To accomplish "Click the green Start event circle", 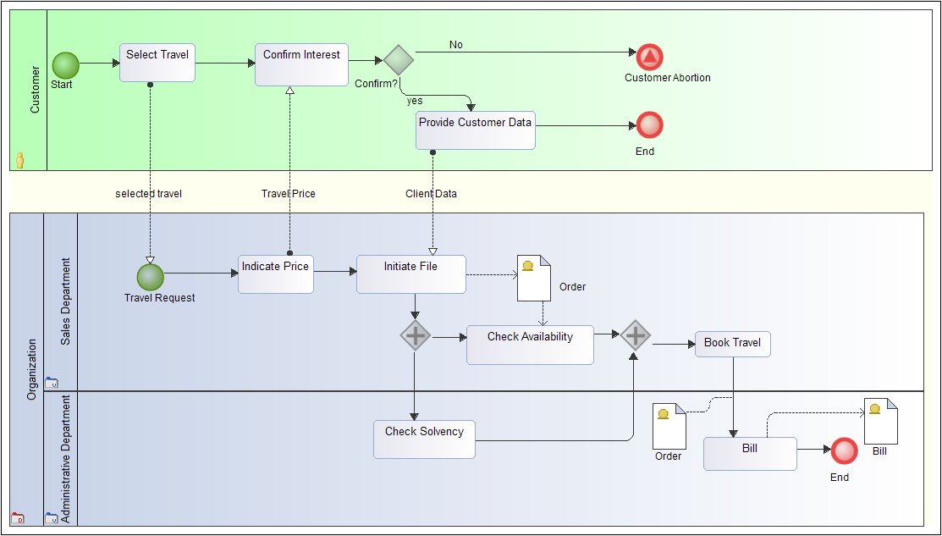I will click(65, 64).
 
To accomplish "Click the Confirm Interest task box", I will click(301, 64).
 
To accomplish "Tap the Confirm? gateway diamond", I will click(398, 60).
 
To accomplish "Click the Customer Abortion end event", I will click(650, 57).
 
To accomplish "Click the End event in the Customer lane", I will click(650, 125).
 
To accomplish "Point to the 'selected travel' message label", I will click(148, 194).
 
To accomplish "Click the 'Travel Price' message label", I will click(288, 194).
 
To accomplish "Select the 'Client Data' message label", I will click(431, 194).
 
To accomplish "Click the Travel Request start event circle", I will click(150, 277).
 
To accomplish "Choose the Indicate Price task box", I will click(275, 274).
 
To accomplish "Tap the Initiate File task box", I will click(410, 274).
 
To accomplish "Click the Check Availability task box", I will click(530, 345).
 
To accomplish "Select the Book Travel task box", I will click(732, 344).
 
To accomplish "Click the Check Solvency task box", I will click(424, 439).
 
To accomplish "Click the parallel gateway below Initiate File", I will click(415, 336).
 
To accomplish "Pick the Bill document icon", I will click(880, 421).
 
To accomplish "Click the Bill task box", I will click(750, 453).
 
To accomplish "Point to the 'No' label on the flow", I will click(456, 45).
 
